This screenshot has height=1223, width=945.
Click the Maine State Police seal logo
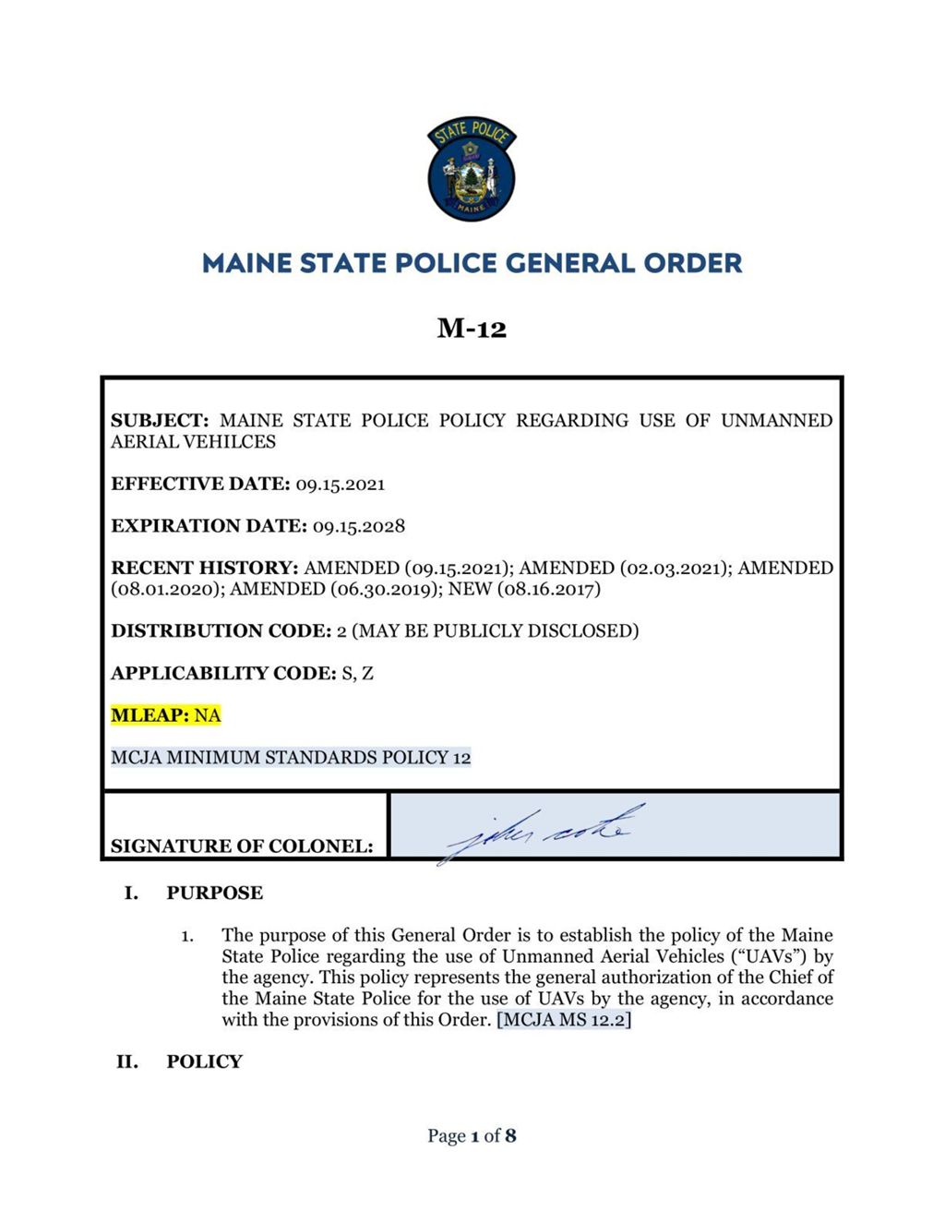pyautogui.click(x=472, y=170)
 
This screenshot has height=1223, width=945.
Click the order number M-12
pyautogui.click(x=472, y=329)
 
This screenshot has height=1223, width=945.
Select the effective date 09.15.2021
pyautogui.click(x=341, y=485)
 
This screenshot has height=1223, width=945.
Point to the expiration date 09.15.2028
pyautogui.click(x=359, y=526)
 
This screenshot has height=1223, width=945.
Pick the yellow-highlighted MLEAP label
pyautogui.click(x=149, y=715)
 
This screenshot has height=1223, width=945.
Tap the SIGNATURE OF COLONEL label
pyautogui.click(x=242, y=845)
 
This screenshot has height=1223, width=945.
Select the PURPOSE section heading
pyautogui.click(x=214, y=893)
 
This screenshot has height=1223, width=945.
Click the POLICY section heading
pyautogui.click(x=204, y=1061)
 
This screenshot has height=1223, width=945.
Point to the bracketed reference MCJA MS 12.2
pyautogui.click(x=564, y=1020)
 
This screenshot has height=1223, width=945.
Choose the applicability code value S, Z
pyautogui.click(x=357, y=673)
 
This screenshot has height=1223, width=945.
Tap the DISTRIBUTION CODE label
pyautogui.click(x=221, y=631)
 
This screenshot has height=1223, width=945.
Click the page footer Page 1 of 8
pyautogui.click(x=472, y=1135)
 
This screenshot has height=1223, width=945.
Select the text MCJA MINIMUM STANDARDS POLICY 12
pyautogui.click(x=291, y=758)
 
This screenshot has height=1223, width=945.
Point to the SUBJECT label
pyautogui.click(x=160, y=421)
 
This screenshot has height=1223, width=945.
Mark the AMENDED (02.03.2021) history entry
pyautogui.click(x=622, y=568)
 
